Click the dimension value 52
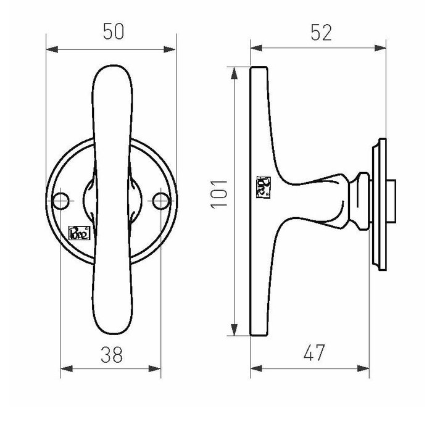pos(318,32)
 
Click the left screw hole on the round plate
pos(60,199)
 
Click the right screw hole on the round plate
pos(161,199)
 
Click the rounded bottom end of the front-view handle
pos(112,327)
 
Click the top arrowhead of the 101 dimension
pos(234,72)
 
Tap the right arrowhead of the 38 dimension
pos(156,371)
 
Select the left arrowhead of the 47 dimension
pos(255,371)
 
